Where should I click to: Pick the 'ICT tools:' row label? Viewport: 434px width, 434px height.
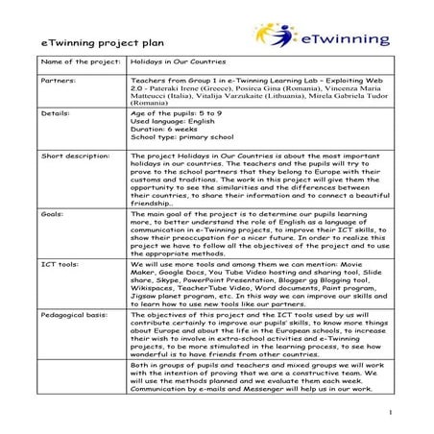[60, 260]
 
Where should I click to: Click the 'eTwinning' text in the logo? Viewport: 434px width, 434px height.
[345, 39]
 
